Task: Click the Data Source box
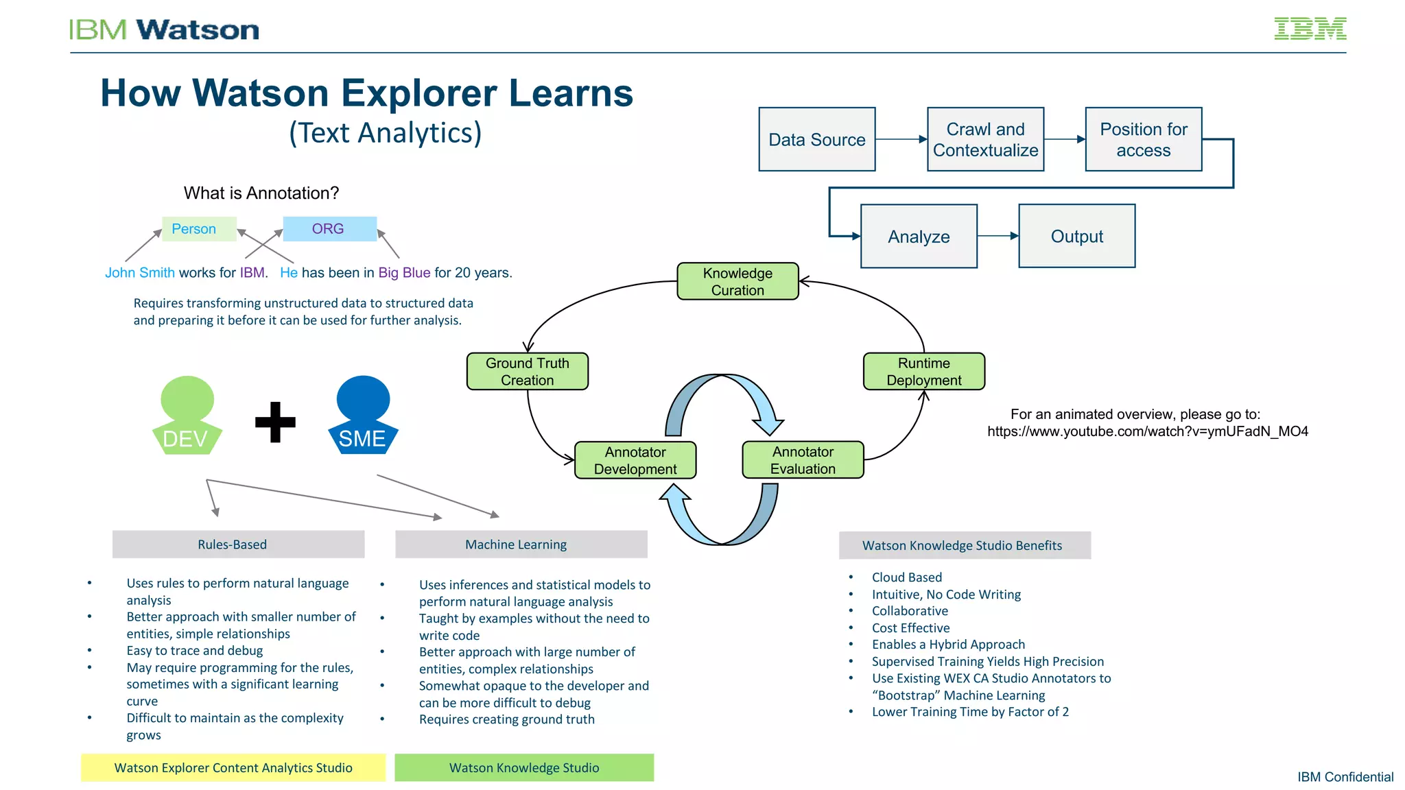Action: coord(816,139)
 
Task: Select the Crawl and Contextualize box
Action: coord(985,139)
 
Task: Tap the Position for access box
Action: coord(1143,139)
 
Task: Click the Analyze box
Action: coord(919,237)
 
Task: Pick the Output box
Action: coord(1076,236)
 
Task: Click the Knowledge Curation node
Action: coord(737,281)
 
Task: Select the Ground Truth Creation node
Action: coord(527,372)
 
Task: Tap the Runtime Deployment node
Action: coord(923,372)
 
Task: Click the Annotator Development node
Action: coord(635,460)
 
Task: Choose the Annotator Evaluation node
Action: coord(803,460)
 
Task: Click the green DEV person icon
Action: coord(187,416)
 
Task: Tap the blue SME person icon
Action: coord(363,416)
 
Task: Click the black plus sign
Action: coord(275,422)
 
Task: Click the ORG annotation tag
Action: coord(329,229)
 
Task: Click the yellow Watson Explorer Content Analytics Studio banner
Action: coord(233,767)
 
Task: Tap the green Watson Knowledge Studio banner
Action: coord(524,767)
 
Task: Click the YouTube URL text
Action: coord(1147,431)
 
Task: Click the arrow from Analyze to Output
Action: coord(997,236)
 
